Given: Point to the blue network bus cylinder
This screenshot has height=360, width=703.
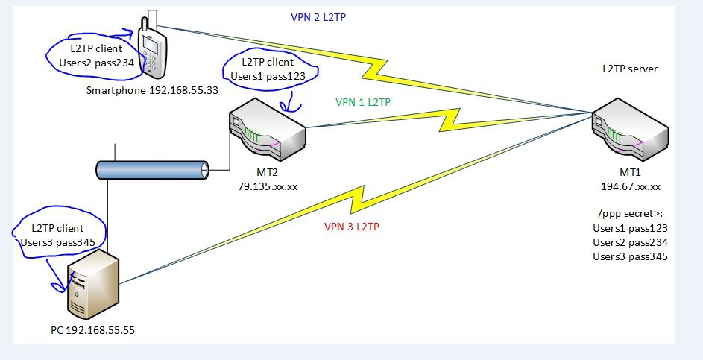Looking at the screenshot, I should (153, 170).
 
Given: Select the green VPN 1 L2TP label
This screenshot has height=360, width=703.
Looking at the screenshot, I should (364, 102).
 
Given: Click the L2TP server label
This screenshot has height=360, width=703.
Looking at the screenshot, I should (630, 69).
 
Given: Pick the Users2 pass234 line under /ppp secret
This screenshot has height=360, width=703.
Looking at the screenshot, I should (629, 242).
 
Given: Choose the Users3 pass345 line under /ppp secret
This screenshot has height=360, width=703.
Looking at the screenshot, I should (629, 256).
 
